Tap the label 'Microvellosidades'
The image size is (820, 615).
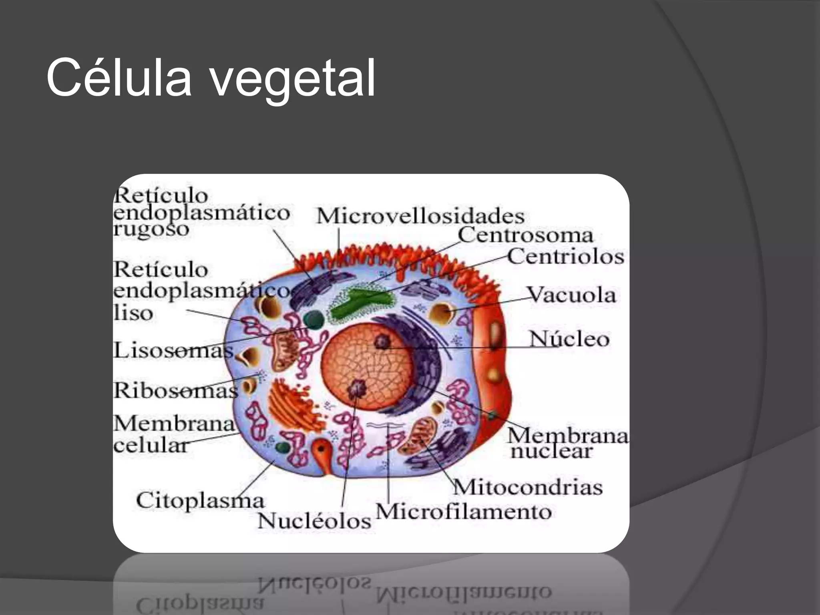point(420,216)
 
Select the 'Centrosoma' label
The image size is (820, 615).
point(525,235)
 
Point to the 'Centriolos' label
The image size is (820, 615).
point(566,256)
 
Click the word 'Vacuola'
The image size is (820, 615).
point(571,295)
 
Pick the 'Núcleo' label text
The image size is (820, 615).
point(569,339)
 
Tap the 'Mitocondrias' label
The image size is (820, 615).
point(528,487)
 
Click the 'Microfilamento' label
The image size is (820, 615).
point(463,511)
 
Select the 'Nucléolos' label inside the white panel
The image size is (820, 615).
point(314,521)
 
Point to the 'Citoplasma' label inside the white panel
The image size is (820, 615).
point(200,500)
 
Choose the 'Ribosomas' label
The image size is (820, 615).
point(175,390)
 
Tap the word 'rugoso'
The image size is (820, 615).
point(151,229)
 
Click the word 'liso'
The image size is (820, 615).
point(133,313)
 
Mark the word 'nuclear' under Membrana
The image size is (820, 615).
point(551,451)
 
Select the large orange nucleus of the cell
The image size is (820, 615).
point(366,367)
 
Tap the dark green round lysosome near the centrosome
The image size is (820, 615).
point(314,320)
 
